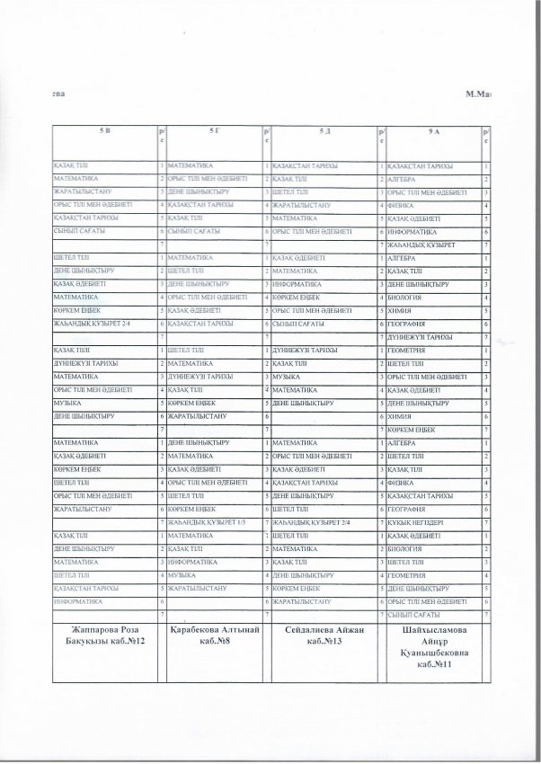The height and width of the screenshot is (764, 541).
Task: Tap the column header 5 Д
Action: [x=324, y=132]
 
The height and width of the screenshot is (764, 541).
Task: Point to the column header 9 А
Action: [x=434, y=132]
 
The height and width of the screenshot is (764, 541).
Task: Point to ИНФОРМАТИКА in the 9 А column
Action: [x=412, y=231]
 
